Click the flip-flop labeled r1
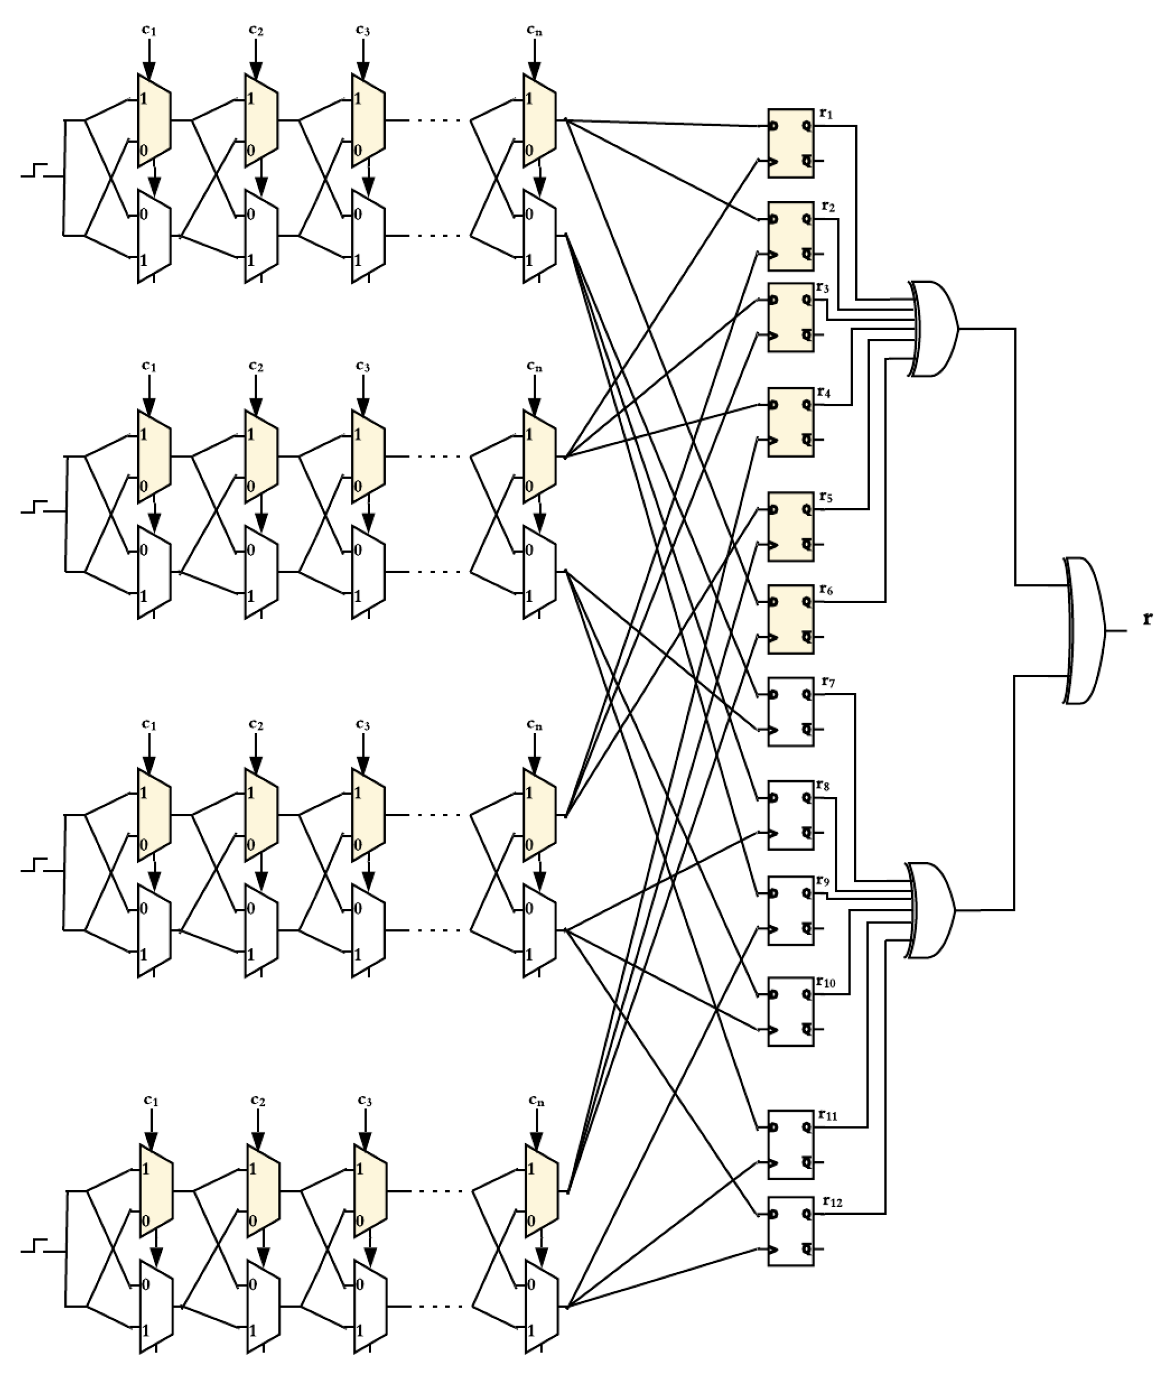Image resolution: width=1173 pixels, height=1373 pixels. [x=791, y=143]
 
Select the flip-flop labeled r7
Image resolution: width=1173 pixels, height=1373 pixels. [x=791, y=712]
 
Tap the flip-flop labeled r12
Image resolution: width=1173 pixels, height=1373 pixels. [x=791, y=1231]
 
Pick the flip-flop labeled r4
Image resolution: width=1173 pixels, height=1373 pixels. [x=791, y=422]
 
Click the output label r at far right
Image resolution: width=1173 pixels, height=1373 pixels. [x=1147, y=619]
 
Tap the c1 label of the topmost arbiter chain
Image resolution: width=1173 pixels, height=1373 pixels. [x=149, y=30]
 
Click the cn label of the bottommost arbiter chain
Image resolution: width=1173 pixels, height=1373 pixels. [x=537, y=1100]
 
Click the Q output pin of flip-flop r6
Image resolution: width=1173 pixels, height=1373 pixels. [x=806, y=602]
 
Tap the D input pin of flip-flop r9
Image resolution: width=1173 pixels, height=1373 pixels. [x=773, y=893]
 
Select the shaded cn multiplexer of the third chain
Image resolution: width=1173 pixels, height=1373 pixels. [x=539, y=815]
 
